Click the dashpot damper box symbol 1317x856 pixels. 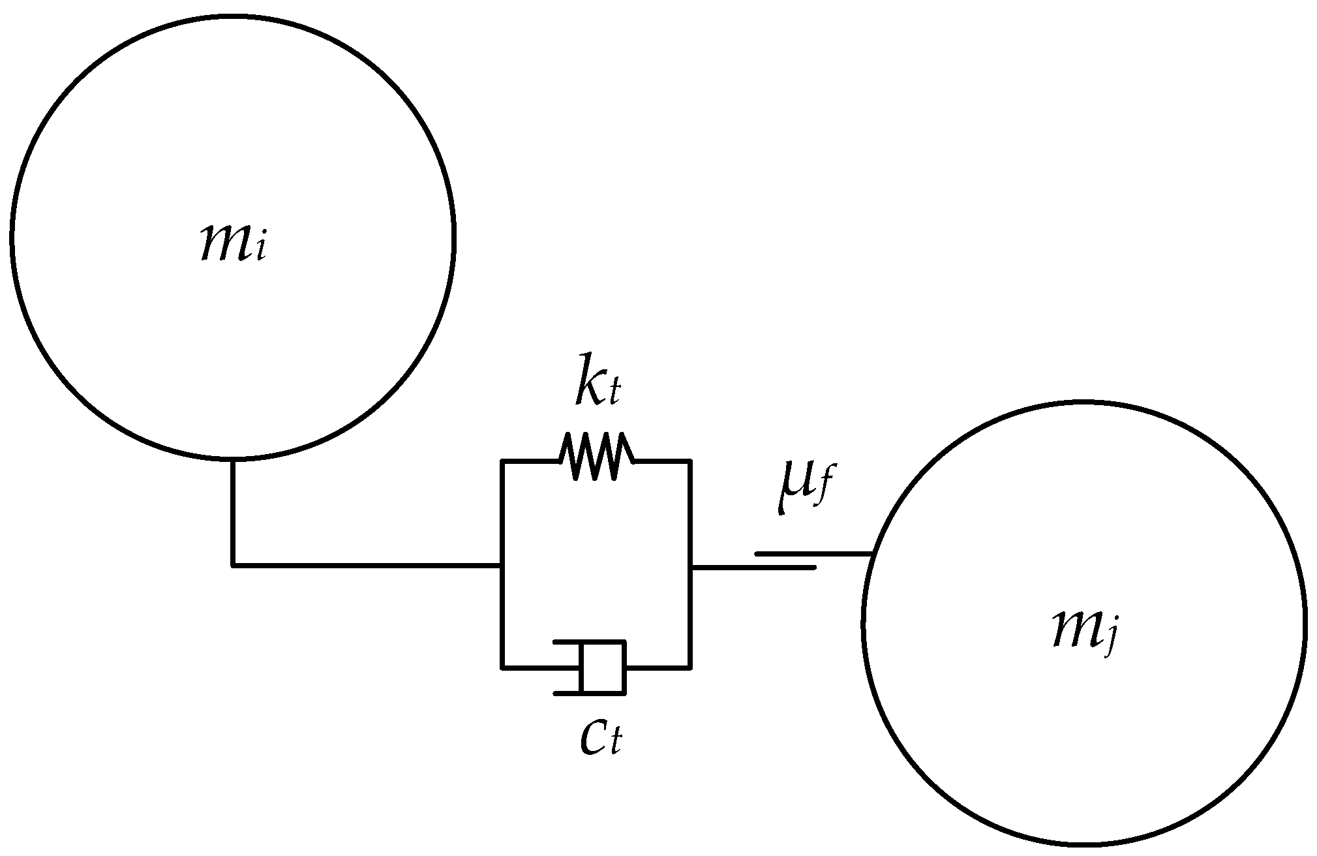603,667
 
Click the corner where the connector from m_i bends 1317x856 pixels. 233,565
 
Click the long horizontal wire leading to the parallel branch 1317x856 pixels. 365,565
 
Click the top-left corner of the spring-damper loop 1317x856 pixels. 502,461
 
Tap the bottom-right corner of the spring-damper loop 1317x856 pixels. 690,667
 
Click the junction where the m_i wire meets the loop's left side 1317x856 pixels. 502,565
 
